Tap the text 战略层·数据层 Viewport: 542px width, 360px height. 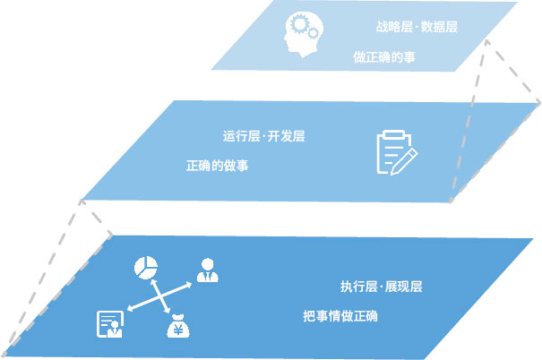coord(417,27)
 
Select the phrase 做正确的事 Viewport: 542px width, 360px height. coord(384,57)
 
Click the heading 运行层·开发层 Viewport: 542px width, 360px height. coord(263,136)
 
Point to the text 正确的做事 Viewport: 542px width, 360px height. coord(217,166)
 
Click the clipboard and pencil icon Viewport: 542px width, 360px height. coord(397,153)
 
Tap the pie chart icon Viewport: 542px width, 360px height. coord(146,268)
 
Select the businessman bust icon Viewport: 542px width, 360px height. coord(208,270)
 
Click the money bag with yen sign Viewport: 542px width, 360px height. coord(178,326)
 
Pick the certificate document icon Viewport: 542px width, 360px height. coord(110,324)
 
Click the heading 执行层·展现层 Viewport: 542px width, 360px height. coord(382,287)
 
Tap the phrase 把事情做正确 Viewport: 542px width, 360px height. coord(340,316)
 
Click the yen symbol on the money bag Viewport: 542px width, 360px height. coord(178,330)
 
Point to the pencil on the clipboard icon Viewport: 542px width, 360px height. coord(404,162)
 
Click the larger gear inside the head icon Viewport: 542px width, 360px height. coord(299,24)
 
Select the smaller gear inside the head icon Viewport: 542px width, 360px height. coord(314,33)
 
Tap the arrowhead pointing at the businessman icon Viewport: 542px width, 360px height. coord(189,285)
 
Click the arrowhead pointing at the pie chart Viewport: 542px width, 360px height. coord(153,282)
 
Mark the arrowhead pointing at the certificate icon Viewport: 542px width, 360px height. coord(130,308)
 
